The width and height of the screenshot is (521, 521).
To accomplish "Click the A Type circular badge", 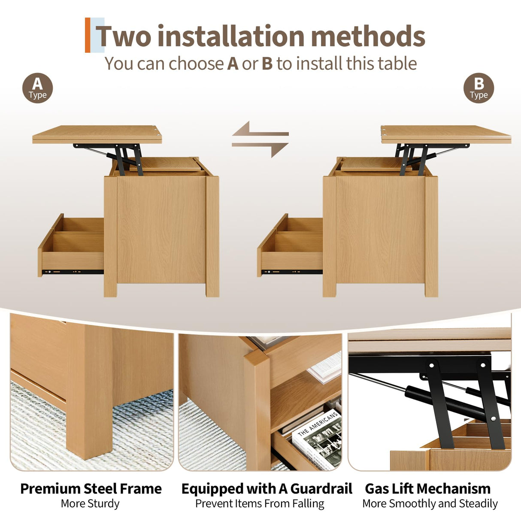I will point(38,88).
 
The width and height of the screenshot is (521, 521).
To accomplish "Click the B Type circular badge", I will point(479,88).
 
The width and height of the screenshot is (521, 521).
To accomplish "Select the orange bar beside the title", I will point(88,35).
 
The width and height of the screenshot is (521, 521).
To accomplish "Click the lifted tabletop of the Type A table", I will point(97,133).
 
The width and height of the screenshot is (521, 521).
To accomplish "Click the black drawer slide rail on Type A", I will point(73,272).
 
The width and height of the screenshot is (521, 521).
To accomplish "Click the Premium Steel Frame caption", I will point(91,488).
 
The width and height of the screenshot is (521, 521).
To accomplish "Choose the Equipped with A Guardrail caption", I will point(267,488).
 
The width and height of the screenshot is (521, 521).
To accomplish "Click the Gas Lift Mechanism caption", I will point(427,488).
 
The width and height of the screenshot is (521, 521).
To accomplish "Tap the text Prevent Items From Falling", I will point(260,503).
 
